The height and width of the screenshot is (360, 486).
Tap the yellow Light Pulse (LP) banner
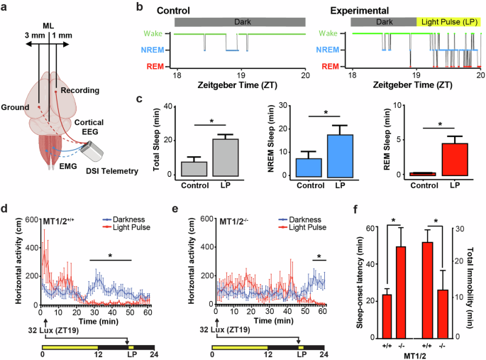tap(449, 23)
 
